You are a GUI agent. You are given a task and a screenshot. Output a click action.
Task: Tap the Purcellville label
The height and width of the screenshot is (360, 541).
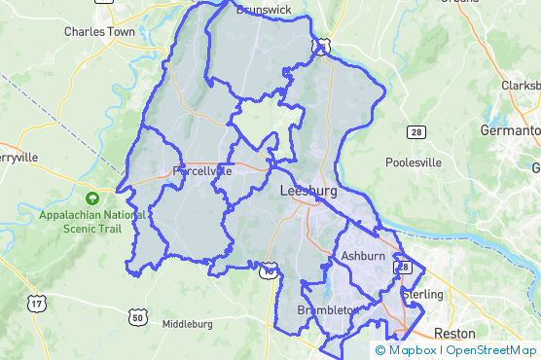[x=201, y=170]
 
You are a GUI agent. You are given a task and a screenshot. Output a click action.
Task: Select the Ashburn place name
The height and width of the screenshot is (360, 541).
[x=363, y=256]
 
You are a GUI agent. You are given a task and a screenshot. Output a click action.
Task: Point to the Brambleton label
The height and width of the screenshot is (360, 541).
[x=328, y=309]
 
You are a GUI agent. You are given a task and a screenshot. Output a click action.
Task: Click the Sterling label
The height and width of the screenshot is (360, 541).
[x=423, y=294]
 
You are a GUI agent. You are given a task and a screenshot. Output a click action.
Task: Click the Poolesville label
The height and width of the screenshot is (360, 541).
[x=414, y=162]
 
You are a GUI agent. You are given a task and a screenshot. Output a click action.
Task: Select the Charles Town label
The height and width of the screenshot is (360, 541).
[x=98, y=31]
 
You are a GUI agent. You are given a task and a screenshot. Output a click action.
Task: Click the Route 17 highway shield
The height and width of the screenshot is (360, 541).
[x=37, y=305]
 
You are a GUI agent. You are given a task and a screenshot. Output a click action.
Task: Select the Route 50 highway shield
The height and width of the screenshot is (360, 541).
[x=137, y=317]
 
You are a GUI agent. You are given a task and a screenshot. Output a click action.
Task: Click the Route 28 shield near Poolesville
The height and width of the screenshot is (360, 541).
[x=415, y=130]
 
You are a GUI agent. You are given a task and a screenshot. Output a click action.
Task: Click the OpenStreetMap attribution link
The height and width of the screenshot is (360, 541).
[x=489, y=350]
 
